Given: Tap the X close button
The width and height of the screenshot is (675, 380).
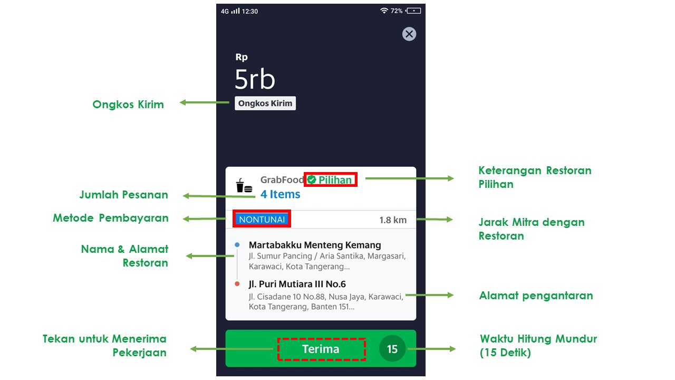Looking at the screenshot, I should click(x=409, y=34).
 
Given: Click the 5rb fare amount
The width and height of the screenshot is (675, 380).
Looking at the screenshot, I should click(x=255, y=79).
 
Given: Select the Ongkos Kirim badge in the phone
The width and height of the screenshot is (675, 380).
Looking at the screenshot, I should click(x=265, y=103).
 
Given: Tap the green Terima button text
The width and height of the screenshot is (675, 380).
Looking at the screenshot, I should click(x=321, y=349).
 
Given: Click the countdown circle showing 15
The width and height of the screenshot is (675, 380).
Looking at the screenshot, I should click(x=392, y=349).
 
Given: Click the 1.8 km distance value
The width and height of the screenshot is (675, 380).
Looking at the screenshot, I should click(x=393, y=220).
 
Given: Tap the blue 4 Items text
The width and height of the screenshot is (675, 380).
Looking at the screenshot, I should click(x=280, y=194).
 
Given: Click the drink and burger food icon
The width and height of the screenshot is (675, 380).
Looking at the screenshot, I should click(x=244, y=186).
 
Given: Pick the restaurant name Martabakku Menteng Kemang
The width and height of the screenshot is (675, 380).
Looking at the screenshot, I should click(x=315, y=245).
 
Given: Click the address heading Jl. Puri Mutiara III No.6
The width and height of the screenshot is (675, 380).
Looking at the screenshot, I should click(x=297, y=284).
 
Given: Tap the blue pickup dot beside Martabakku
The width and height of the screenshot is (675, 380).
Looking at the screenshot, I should click(x=237, y=245).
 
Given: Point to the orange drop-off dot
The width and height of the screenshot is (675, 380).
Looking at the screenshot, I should click(x=237, y=284).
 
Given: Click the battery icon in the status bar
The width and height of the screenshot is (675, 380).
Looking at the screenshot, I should click(x=414, y=11).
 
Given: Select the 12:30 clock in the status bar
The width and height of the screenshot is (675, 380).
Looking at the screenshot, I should click(x=250, y=11).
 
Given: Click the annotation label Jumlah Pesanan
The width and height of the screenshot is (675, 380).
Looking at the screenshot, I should click(x=124, y=195).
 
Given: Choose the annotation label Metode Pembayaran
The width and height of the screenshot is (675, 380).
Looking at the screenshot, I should click(x=111, y=218).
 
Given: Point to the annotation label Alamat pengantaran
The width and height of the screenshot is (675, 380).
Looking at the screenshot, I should click(x=536, y=296).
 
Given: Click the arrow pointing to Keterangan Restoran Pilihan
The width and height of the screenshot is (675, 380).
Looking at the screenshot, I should click(x=409, y=178).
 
